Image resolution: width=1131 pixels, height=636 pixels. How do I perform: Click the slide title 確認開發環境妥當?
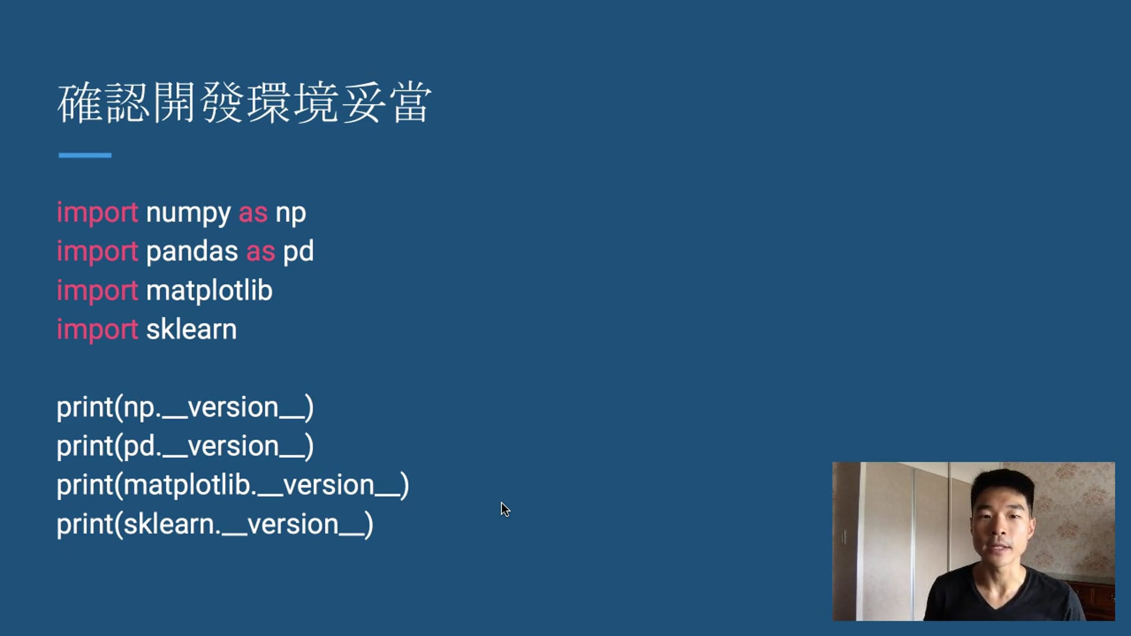pyautogui.click(x=244, y=103)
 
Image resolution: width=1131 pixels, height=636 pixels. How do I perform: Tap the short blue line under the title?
pyautogui.click(x=85, y=155)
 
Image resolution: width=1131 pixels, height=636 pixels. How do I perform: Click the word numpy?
pyautogui.click(x=188, y=214)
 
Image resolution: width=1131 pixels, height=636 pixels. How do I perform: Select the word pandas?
pyautogui.click(x=192, y=251)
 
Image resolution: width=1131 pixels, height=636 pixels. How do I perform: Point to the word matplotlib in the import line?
pyautogui.click(x=209, y=290)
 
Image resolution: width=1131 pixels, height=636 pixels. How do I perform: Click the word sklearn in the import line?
pyautogui.click(x=191, y=329)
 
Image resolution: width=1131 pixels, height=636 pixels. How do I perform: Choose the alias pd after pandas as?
pyautogui.click(x=299, y=252)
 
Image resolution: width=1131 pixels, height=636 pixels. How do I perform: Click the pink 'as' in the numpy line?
pyautogui.click(x=253, y=213)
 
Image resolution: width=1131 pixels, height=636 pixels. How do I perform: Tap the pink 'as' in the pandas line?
pyautogui.click(x=261, y=252)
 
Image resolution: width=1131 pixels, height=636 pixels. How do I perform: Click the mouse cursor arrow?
pyautogui.click(x=505, y=509)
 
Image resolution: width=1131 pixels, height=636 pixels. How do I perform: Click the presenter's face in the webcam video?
pyautogui.click(x=1001, y=524)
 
